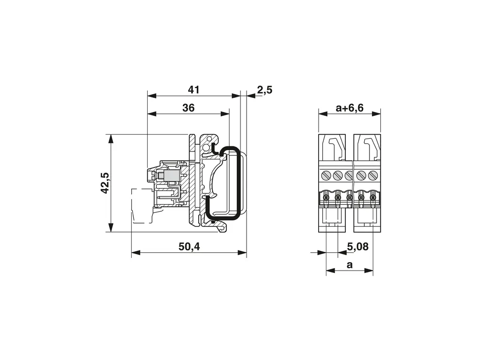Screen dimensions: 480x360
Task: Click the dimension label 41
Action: coord(193,90)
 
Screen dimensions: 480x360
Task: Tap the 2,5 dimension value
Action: coord(264,90)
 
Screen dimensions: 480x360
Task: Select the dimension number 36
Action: coord(188,108)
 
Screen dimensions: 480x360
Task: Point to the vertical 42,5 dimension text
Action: coord(105,183)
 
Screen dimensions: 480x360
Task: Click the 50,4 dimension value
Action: coord(189,247)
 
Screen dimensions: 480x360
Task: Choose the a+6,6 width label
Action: coord(350,108)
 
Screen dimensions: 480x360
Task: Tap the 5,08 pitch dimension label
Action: coord(358,247)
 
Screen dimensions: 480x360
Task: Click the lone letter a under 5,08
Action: coord(350,264)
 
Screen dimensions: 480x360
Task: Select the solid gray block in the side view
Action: coord(171,176)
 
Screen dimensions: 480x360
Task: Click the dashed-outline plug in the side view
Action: coord(142,206)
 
